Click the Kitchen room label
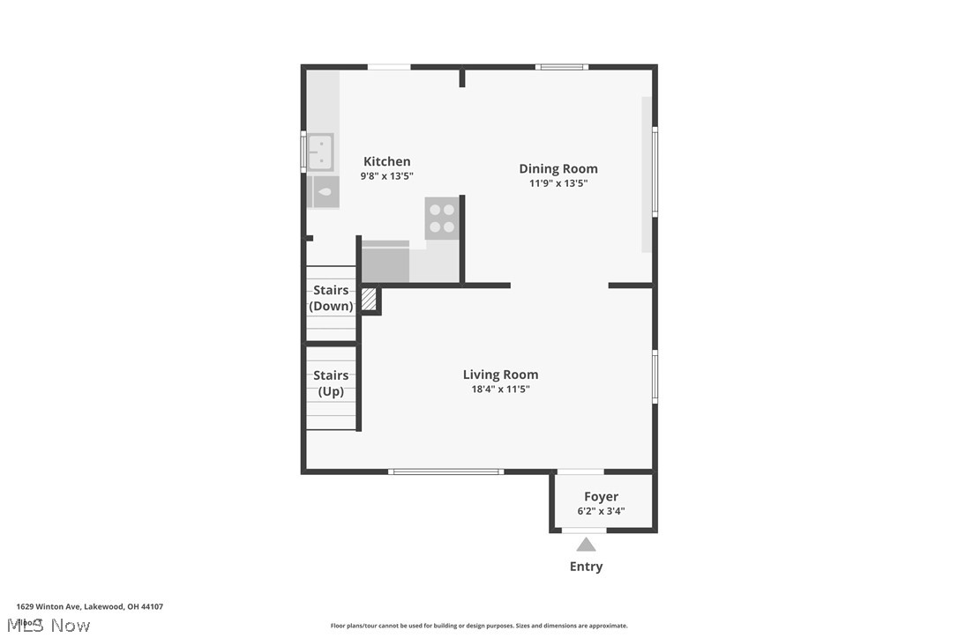click(x=386, y=161)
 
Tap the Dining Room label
click(x=558, y=168)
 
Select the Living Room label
click(x=500, y=374)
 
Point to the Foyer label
click(x=601, y=496)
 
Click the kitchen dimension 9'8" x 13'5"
click(x=386, y=176)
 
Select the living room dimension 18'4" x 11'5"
click(x=500, y=389)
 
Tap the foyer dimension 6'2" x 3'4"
click(x=601, y=511)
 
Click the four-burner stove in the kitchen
click(x=442, y=219)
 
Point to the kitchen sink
click(x=319, y=152)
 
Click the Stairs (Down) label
click(x=331, y=298)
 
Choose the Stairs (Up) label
click(x=331, y=383)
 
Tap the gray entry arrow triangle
click(x=586, y=545)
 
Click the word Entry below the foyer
click(x=586, y=567)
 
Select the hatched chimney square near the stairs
click(x=369, y=300)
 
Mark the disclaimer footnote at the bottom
click(x=479, y=626)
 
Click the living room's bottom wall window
click(x=446, y=471)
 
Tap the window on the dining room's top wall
click(x=562, y=67)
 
